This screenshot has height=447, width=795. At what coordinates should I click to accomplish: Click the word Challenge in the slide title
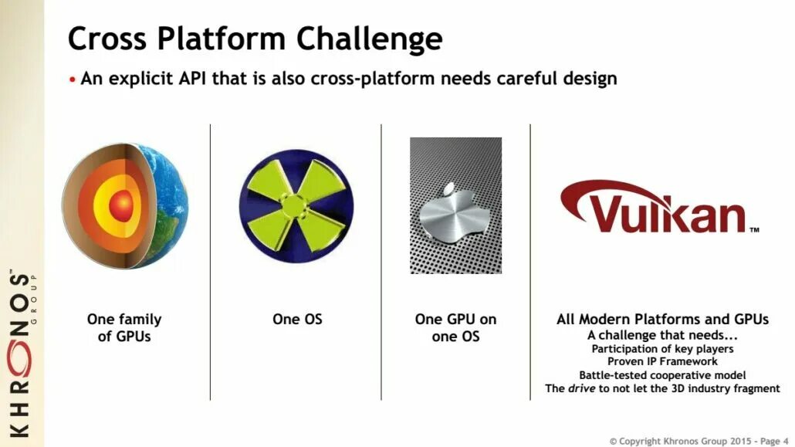click(369, 39)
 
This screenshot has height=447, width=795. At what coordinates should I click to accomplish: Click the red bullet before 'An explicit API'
click(73, 80)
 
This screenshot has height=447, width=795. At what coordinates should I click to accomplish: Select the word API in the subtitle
click(191, 79)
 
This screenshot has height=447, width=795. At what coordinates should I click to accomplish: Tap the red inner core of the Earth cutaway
click(120, 205)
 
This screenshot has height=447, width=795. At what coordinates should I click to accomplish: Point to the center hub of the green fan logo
click(293, 206)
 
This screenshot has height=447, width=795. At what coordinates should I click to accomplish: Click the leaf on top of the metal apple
click(448, 188)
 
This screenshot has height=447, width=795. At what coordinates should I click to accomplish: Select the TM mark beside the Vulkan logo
click(754, 229)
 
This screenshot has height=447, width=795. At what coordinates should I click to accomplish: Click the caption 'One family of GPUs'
click(124, 328)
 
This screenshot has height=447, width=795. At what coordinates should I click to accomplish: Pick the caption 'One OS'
click(297, 319)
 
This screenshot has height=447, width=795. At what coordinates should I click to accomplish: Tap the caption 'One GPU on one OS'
click(456, 328)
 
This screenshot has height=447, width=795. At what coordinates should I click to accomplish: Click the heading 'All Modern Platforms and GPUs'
click(662, 319)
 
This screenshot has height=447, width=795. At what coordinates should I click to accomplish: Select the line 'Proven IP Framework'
click(662, 362)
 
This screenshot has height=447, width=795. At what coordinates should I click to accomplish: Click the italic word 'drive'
click(581, 388)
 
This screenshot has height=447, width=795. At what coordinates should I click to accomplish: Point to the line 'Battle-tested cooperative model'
click(662, 375)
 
